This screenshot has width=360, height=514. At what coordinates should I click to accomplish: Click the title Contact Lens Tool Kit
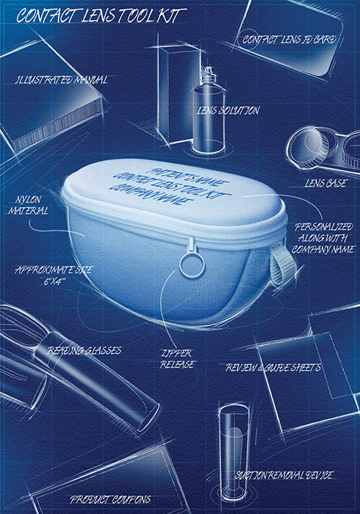click(x=101, y=15)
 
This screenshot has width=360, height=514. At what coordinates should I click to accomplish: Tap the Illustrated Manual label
click(x=61, y=79)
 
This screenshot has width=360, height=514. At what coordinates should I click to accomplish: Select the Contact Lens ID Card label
click(x=289, y=40)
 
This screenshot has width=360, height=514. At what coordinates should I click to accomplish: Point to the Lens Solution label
click(x=228, y=110)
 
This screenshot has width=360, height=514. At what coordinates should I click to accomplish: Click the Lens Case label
click(x=325, y=183)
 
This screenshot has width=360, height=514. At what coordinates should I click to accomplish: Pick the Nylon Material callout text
click(x=29, y=205)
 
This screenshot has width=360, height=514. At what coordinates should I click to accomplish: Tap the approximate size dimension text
click(x=54, y=275)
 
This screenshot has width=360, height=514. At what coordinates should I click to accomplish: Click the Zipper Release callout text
click(x=177, y=359)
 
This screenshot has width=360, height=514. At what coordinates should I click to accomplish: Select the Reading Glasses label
click(x=84, y=350)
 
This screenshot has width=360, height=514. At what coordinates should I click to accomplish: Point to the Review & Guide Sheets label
click(x=273, y=367)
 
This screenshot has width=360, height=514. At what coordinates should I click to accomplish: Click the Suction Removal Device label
click(x=284, y=475)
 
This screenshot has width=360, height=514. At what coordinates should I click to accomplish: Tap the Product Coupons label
click(x=110, y=499)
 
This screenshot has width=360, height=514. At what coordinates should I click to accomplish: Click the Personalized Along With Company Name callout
click(x=323, y=238)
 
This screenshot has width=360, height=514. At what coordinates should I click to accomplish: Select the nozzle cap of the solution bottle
click(x=208, y=76)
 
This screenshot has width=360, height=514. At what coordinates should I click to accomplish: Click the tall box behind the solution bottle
click(x=179, y=95)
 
